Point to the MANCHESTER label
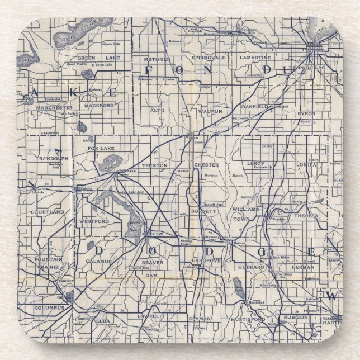(54, 107)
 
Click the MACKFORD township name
(100, 105)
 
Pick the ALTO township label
(157, 111)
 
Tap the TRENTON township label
(154, 165)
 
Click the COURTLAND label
(49, 212)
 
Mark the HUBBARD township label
(254, 268)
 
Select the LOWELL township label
(151, 316)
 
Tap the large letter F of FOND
(149, 70)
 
